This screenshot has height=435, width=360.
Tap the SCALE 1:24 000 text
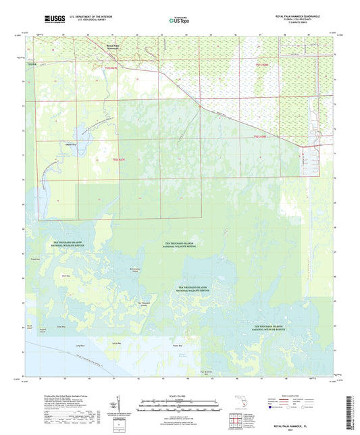pos(180,395)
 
